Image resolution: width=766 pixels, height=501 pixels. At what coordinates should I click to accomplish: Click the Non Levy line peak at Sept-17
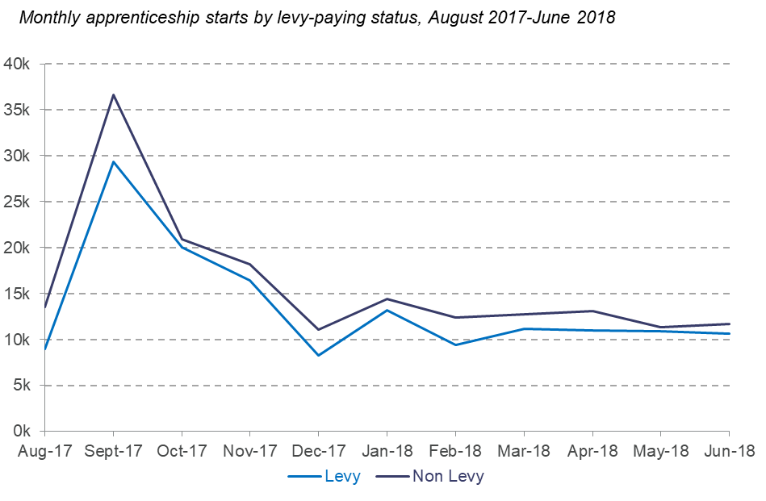coord(113,94)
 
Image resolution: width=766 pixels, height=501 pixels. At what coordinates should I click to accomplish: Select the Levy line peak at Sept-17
coord(113,161)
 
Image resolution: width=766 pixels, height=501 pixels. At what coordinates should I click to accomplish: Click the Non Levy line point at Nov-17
coord(249,264)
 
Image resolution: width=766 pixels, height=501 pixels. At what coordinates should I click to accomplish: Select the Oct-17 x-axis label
coord(181,451)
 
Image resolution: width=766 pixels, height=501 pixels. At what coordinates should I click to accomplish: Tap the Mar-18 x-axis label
coord(524,451)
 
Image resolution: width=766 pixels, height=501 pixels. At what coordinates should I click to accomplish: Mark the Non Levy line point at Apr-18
coord(592,311)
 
